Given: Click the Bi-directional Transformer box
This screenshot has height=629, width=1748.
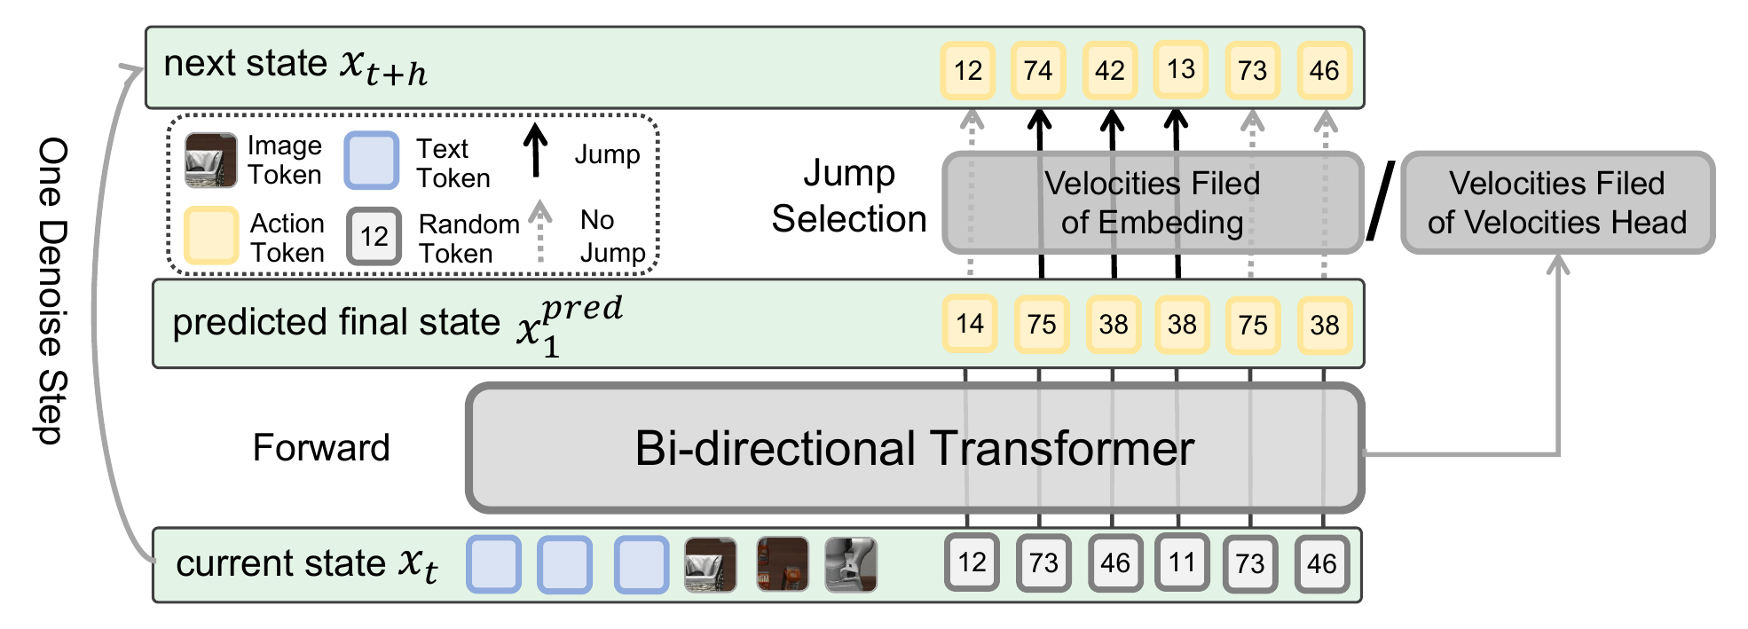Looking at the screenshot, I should pos(914,448).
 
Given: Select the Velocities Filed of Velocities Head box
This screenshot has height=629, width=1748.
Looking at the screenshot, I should pos(1557,202).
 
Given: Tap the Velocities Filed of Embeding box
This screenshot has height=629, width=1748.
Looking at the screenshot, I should pos(1152,202).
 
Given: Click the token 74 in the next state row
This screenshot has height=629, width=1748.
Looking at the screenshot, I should pos(1038,70).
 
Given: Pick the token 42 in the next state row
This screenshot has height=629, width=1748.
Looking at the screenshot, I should pos(1110,70).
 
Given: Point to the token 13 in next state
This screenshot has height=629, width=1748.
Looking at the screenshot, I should pos(1181,69).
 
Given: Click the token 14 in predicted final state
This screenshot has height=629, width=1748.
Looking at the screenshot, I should pos(970,324).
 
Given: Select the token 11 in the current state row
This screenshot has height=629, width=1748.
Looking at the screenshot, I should pos(1181,562).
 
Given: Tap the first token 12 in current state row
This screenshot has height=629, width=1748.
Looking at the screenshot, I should pos(972,562).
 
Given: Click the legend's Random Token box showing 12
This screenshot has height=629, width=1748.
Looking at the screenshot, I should pos(374,236).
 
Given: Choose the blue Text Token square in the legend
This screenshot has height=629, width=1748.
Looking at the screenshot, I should pos(371,161).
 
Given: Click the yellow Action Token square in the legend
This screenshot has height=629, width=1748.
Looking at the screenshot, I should pos(211,235).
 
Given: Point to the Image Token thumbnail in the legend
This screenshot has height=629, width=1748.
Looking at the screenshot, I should pos(210,161).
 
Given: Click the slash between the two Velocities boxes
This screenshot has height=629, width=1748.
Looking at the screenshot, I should pos(1380,201).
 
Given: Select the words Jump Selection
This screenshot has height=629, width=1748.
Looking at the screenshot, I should pos(848,196).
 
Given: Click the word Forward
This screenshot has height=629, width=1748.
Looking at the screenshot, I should pos(321,448).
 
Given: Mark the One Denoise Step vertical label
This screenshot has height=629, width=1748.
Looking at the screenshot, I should pos(53,290).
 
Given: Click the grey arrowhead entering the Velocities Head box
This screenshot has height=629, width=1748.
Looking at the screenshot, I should pos(1558,263).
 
